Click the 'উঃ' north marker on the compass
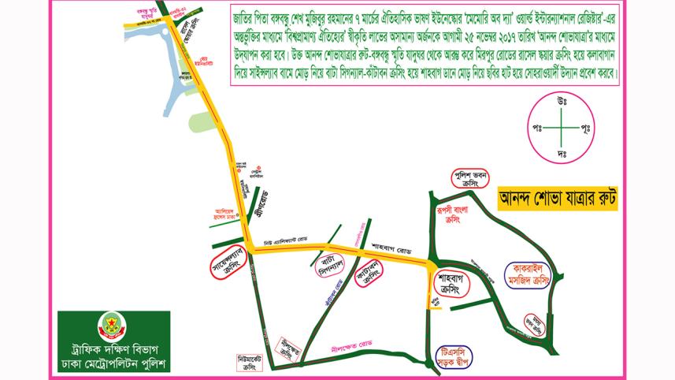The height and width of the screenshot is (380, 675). coord(562,100)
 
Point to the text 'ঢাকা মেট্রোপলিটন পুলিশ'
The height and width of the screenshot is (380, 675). coord(113,364)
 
